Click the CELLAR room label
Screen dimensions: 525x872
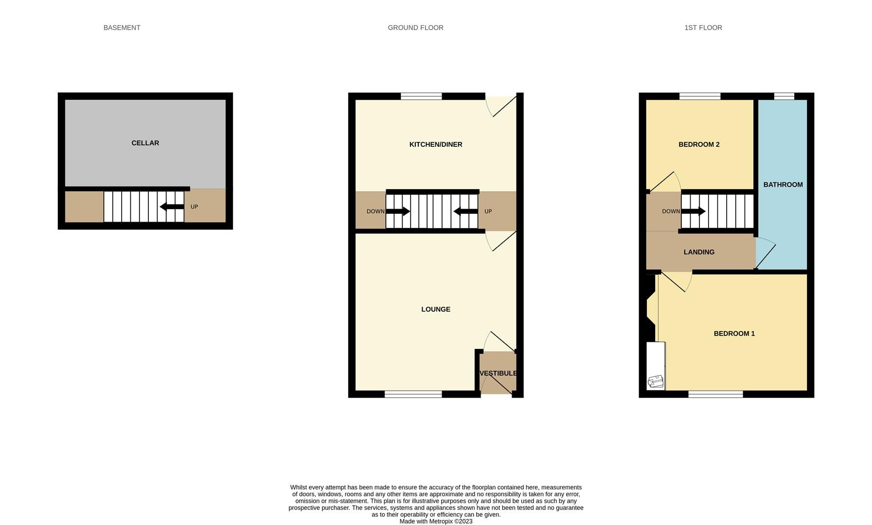145,143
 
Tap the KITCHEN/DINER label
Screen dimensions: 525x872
435,144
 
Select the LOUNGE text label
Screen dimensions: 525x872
435,309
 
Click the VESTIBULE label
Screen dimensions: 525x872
498,373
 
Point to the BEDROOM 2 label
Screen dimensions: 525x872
698,144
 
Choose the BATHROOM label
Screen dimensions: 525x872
783,185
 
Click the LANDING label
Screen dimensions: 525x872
698,252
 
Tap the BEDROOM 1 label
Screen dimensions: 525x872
734,333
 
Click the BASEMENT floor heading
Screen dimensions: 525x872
122,28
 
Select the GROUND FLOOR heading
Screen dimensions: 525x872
415,28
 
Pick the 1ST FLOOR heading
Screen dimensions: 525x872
703,28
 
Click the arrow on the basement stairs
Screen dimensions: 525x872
172,207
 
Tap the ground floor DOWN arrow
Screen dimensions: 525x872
398,211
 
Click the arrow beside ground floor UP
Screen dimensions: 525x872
465,211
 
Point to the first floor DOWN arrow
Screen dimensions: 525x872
693,211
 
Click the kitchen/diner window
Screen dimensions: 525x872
421,96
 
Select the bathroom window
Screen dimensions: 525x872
783,96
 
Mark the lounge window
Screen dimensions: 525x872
413,394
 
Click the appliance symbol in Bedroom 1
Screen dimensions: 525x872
655,382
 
